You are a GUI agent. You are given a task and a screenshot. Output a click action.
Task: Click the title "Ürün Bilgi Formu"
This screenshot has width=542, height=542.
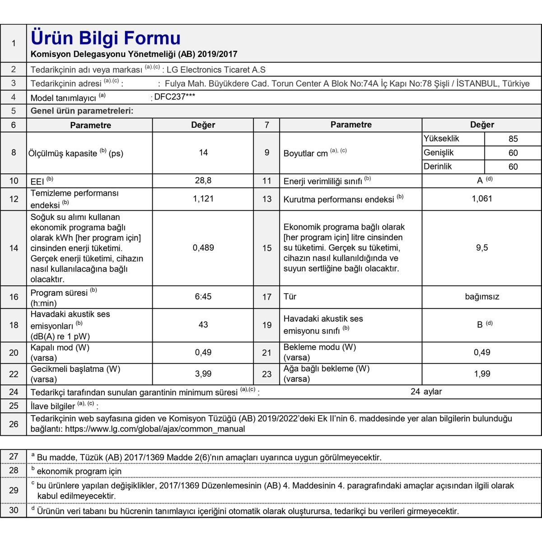pyautogui.click(x=106, y=38)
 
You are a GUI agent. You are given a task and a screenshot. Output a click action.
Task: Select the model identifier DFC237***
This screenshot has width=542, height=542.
pyautogui.click(x=175, y=97)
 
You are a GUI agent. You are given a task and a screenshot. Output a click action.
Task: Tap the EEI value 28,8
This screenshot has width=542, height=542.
pyautogui.click(x=203, y=180)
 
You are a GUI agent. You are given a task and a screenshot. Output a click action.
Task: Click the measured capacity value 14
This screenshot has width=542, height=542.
pyautogui.click(x=203, y=153)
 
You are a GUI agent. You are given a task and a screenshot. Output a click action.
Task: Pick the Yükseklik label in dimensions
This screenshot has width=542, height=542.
pyautogui.click(x=441, y=139)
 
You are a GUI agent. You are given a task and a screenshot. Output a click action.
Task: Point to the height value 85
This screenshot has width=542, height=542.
pyautogui.click(x=513, y=139)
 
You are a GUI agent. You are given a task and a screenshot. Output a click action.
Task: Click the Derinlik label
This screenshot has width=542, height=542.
pyautogui.click(x=438, y=166)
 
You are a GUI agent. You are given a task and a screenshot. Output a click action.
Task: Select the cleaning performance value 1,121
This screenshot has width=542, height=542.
pyautogui.click(x=203, y=198)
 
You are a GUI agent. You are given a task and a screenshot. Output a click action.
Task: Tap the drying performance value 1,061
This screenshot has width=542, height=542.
pyautogui.click(x=482, y=198)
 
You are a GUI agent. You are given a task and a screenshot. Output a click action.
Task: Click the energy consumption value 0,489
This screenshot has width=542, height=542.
pyautogui.click(x=203, y=248)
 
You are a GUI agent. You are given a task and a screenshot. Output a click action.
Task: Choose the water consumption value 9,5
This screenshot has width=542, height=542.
pyautogui.click(x=482, y=248)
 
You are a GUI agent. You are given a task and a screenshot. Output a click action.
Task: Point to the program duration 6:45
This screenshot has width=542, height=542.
pyautogui.click(x=203, y=296)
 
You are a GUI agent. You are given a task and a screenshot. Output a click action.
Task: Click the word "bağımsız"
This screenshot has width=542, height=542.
pyautogui.click(x=482, y=297)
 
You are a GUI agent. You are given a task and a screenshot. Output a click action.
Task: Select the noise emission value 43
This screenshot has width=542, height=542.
pyautogui.click(x=203, y=324)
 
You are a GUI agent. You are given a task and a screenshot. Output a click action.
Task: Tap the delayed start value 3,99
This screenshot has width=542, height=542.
pyautogui.click(x=203, y=374)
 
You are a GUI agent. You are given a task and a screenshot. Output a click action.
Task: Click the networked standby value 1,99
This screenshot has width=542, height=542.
pyautogui.click(x=482, y=374)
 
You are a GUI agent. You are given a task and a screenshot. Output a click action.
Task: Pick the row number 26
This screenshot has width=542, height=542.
pyautogui.click(x=14, y=424)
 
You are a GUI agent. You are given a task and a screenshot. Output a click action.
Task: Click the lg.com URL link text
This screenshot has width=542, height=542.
pyautogui.click(x=155, y=429)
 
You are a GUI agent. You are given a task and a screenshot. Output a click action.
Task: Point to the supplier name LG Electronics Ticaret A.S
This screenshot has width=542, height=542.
pyautogui.click(x=216, y=70)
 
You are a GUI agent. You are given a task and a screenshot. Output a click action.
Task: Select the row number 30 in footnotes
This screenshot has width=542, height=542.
pyautogui.click(x=14, y=510)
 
